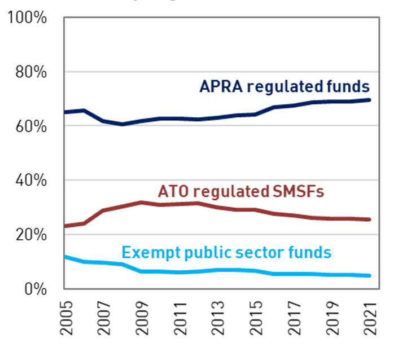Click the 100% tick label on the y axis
tap(27, 18)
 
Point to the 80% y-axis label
tap(30, 72)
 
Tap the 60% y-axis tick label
tap(30, 126)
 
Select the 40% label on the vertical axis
tap(30, 181)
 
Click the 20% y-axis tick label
tap(30, 235)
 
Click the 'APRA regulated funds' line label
tap(285, 87)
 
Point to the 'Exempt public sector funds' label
tap(226, 252)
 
